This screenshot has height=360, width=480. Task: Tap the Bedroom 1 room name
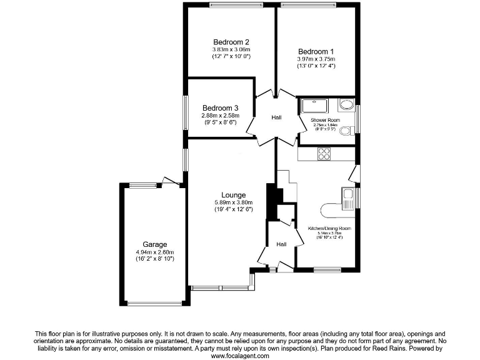(x=316, y=51)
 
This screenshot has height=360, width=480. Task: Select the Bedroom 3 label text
(x=220, y=107)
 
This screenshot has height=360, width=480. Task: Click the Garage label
(x=154, y=244)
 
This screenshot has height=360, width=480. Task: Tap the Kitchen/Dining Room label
(x=329, y=229)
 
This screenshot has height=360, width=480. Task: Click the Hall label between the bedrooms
(x=277, y=117)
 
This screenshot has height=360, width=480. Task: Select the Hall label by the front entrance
(x=281, y=244)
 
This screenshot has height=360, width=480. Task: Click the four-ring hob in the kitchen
(x=324, y=152)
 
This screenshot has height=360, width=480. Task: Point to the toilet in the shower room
(x=348, y=127)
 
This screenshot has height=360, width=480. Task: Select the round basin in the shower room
(x=346, y=104)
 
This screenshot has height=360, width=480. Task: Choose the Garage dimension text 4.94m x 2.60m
(x=154, y=252)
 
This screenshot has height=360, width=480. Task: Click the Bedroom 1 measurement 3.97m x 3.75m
(x=316, y=59)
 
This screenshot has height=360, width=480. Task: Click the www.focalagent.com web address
(x=240, y=356)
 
